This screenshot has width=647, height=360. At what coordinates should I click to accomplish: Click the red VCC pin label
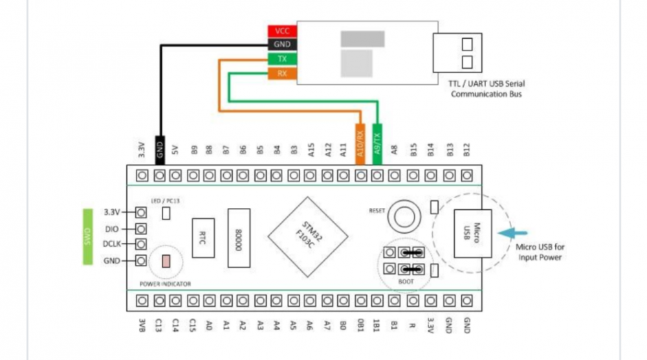point(283,31)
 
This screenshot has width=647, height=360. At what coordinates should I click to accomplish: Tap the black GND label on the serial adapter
point(283,45)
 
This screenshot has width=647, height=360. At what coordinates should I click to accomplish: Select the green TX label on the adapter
point(283,59)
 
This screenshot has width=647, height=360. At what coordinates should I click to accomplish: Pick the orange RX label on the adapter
point(283,73)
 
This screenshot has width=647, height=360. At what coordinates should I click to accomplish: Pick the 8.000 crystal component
point(239,238)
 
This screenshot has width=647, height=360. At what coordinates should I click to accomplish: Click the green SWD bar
point(89,236)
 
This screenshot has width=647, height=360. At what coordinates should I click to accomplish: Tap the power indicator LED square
point(166,262)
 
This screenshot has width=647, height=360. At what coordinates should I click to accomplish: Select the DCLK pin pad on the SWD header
point(140,245)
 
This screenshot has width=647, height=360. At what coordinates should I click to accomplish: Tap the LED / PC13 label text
point(164,201)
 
